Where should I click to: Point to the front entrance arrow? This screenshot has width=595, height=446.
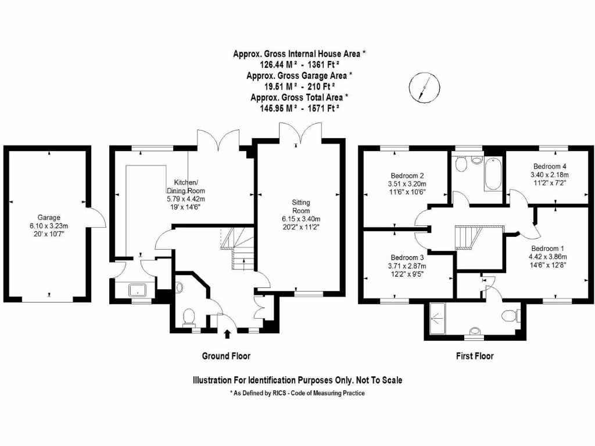click(227, 333)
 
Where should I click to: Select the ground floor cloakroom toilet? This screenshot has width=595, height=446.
click(188, 317)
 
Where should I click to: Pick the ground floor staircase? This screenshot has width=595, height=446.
click(238, 247)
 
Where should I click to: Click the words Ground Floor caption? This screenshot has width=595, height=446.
click(226, 356)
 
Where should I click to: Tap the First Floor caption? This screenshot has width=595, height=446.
click(474, 356)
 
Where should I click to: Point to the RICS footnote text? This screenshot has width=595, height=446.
click(297, 394)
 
